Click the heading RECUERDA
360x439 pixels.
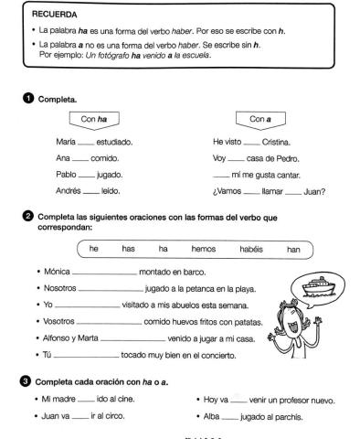[50, 16]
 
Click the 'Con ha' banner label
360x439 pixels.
[94, 119]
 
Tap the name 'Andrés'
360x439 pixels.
[69, 190]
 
